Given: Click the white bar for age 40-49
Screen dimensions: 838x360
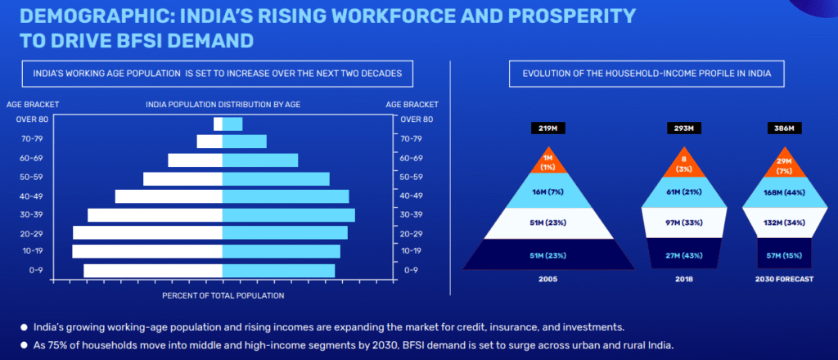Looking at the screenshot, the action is point(169,196).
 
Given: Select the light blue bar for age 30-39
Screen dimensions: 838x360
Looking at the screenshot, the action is point(289,215).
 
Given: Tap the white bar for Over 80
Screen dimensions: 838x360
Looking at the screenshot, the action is point(218,124).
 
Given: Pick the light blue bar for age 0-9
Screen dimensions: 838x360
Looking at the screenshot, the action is point(278,271).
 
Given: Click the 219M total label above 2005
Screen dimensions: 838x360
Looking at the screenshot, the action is point(547,128).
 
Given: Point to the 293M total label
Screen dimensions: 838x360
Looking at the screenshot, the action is point(683,128).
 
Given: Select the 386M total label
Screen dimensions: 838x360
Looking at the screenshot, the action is point(784,128).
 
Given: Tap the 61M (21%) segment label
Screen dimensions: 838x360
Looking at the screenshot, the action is point(683,192).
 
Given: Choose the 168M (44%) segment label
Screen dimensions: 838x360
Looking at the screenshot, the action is point(785,192).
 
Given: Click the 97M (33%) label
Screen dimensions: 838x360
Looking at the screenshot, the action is point(683,223).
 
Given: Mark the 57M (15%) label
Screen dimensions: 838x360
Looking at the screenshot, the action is point(785,255).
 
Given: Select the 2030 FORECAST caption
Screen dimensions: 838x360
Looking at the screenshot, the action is point(785,279).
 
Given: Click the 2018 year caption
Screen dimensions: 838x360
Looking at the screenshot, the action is point(683,279).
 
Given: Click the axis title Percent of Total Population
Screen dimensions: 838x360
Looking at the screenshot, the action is point(223,295).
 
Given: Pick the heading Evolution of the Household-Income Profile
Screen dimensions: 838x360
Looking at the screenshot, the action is point(647,74).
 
